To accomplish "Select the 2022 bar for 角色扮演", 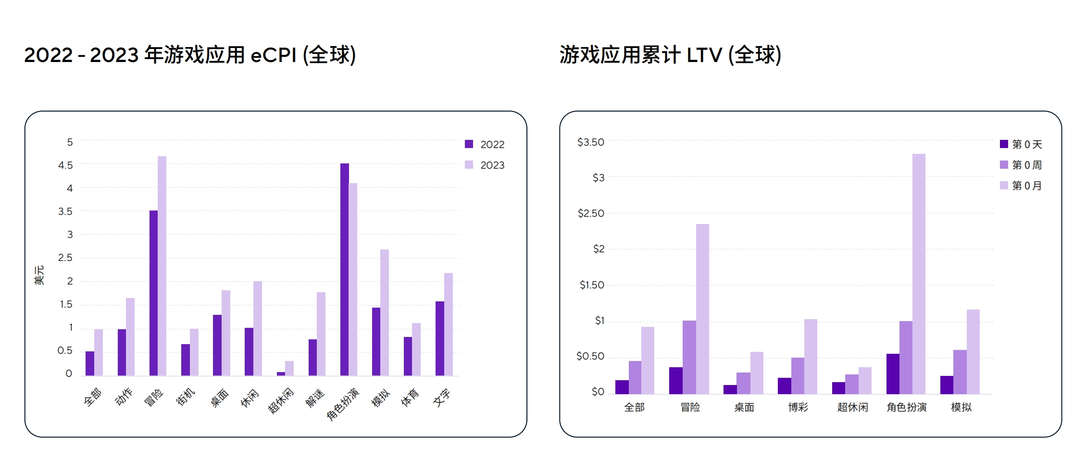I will point(345,269).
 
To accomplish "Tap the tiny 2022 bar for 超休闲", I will point(281,373).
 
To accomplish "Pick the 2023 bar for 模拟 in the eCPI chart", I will point(385,312).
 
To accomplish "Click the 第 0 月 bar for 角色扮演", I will point(919,274).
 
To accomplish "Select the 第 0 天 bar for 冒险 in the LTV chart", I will point(675,381).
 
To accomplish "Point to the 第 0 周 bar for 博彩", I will point(798,376).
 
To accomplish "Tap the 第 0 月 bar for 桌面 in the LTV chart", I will point(757,373).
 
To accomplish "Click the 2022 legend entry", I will point(485,144).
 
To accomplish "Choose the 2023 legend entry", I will point(485,165).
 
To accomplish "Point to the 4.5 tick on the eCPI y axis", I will point(65,165).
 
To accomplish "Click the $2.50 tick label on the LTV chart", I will point(591,213).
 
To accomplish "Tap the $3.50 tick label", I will point(591,142).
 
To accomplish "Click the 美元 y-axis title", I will point(39,275).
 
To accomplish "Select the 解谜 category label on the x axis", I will point(315,398).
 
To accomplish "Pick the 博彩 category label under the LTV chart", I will point(798,408).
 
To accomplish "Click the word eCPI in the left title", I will point(274,55).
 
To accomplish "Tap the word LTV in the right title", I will point(704,55).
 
